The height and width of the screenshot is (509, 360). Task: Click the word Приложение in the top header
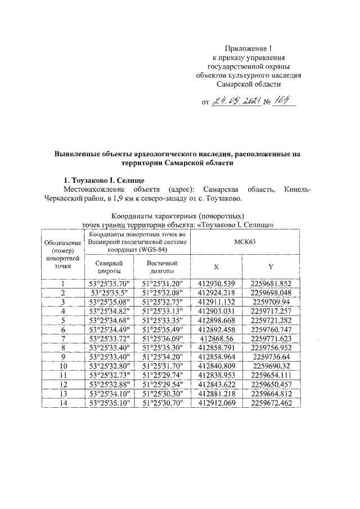pos(245,48)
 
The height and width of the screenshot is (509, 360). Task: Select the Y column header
pos(271,267)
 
